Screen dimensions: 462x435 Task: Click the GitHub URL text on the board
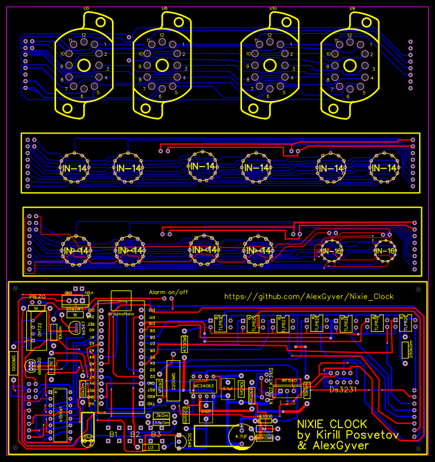pyautogui.click(x=308, y=296)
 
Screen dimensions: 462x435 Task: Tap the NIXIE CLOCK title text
pyautogui.click(x=328, y=423)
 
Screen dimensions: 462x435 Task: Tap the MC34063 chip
pyautogui.click(x=205, y=385)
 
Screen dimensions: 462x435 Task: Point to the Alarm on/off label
pyautogui.click(x=169, y=292)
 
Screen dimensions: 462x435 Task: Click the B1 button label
pyautogui.click(x=113, y=434)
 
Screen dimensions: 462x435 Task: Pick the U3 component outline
pyautogui.click(x=150, y=448)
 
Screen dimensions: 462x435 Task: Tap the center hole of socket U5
pyautogui.click(x=84, y=66)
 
